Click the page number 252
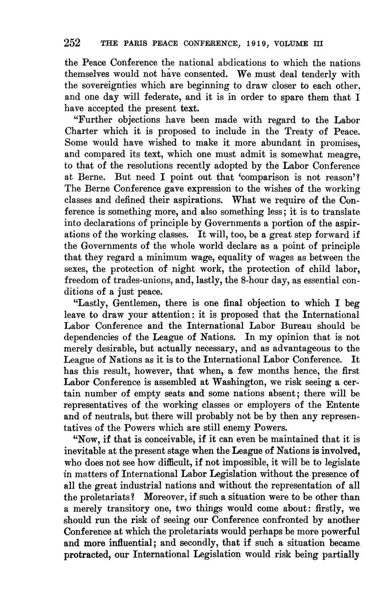(x=72, y=43)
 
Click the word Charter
(x=81, y=132)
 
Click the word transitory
(x=132, y=509)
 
